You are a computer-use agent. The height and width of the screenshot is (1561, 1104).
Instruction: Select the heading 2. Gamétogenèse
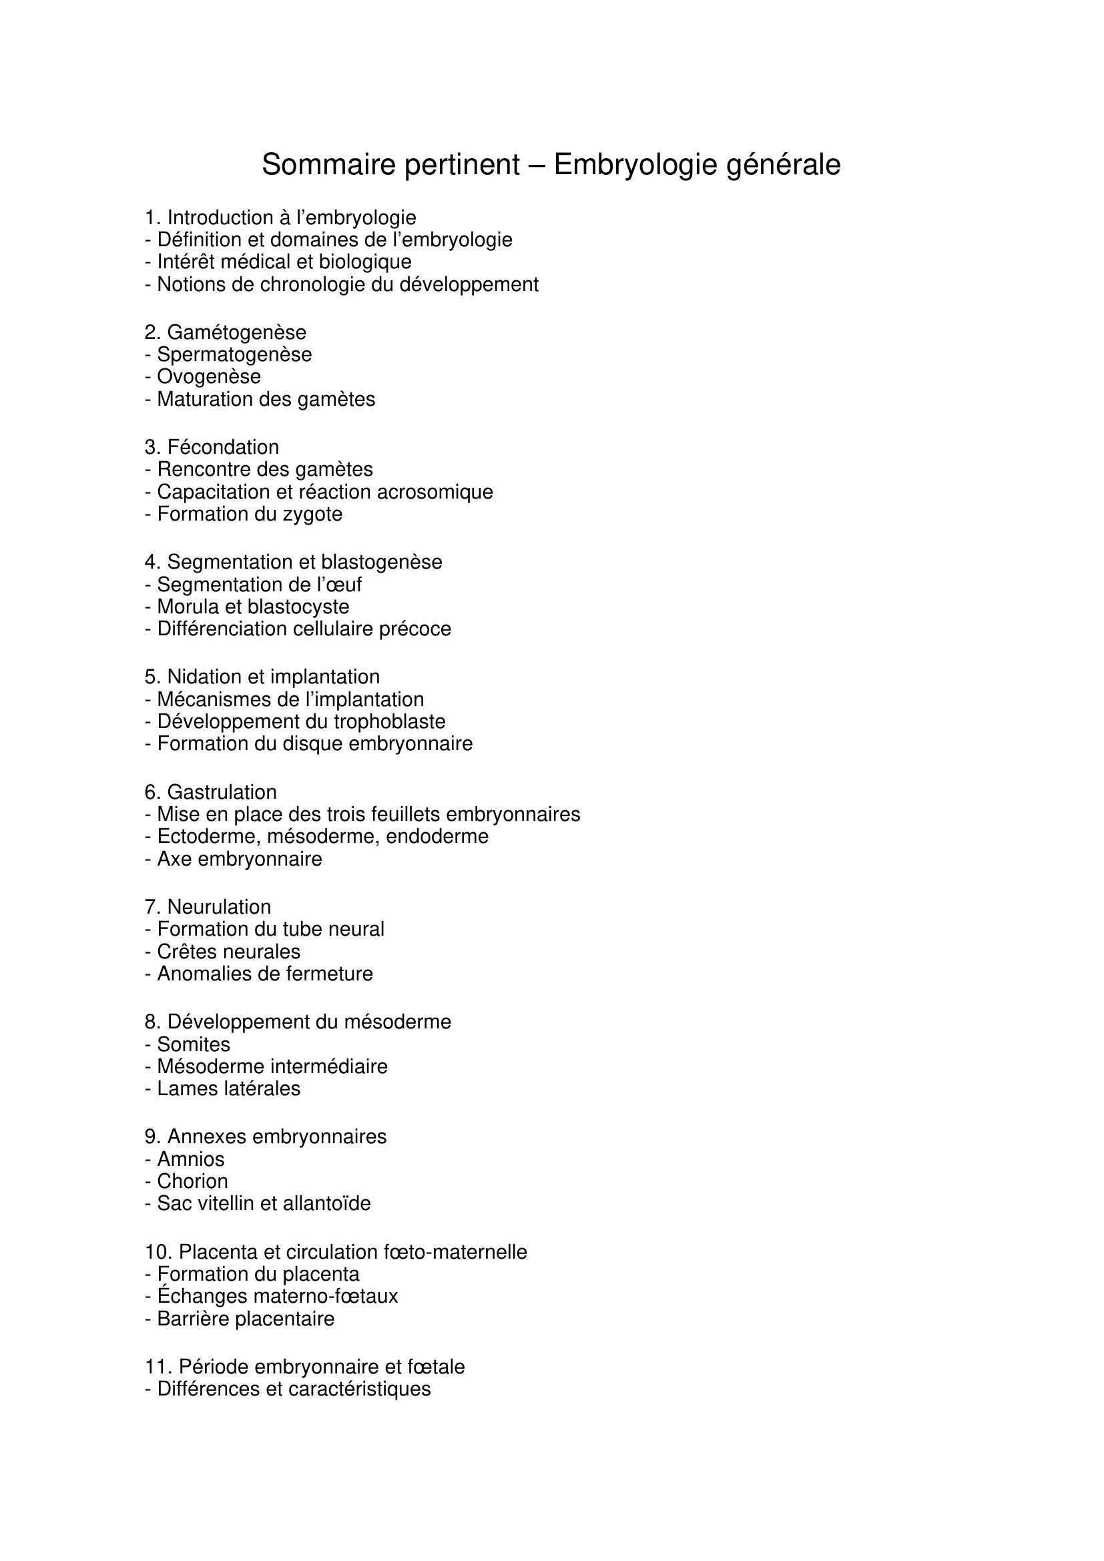pyautogui.click(x=225, y=332)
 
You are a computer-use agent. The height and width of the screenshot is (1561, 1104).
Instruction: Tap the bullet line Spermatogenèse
pyautogui.click(x=228, y=355)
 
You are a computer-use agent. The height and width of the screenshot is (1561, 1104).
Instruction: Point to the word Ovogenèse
pyautogui.click(x=209, y=376)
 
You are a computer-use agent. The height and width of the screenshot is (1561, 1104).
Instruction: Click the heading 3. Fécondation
pyautogui.click(x=212, y=447)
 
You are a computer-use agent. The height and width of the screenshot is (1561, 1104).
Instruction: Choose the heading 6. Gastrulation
pyautogui.click(x=211, y=792)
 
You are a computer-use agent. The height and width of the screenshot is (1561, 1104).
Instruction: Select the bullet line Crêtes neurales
pyautogui.click(x=222, y=952)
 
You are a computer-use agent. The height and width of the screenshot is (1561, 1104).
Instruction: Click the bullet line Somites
pyautogui.click(x=188, y=1044)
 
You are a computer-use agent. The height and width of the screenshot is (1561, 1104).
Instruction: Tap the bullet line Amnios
pyautogui.click(x=184, y=1159)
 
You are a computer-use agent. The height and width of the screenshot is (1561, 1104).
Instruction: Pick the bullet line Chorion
pyautogui.click(x=186, y=1182)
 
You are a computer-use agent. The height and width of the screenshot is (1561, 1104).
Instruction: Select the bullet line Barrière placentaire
pyautogui.click(x=240, y=1319)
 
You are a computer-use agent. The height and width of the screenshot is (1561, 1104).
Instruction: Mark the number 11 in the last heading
pyautogui.click(x=156, y=1367)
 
